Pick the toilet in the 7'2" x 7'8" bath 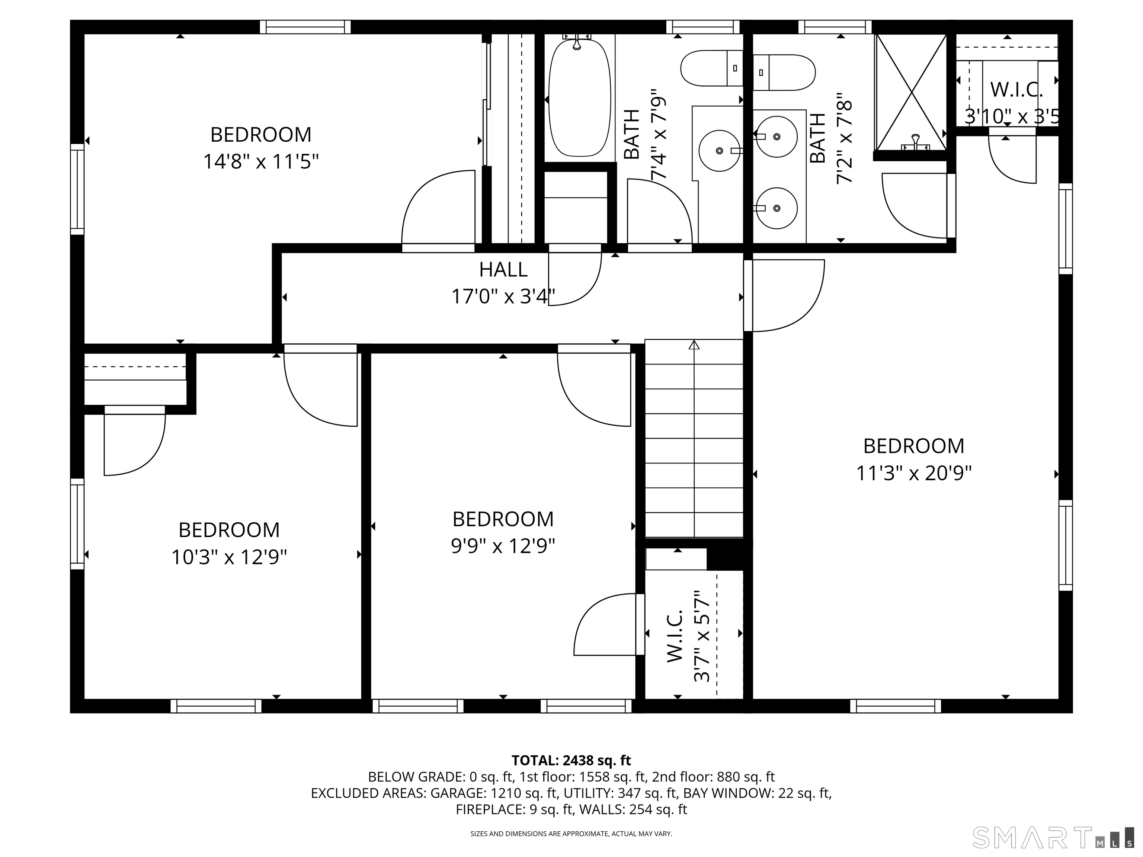pyautogui.click(x=784, y=72)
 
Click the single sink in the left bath pyautogui.click(x=719, y=150)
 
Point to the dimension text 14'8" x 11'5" pyautogui.click(x=260, y=162)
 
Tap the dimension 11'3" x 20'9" pyautogui.click(x=913, y=473)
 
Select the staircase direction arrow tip pyautogui.click(x=694, y=344)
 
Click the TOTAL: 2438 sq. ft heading pyautogui.click(x=571, y=760)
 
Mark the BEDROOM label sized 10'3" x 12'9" pyautogui.click(x=229, y=530)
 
